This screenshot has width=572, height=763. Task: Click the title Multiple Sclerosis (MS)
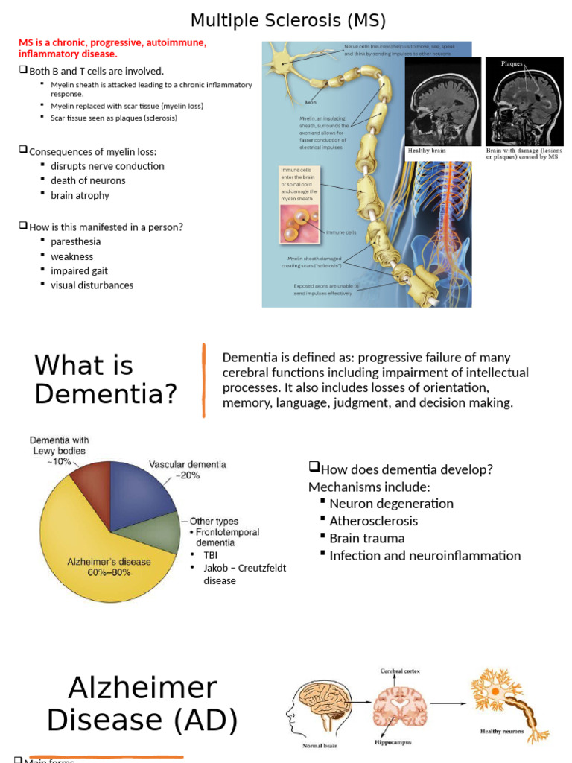(x=288, y=19)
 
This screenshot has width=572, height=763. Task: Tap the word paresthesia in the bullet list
(x=75, y=241)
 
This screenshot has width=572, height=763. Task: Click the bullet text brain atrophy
(x=80, y=195)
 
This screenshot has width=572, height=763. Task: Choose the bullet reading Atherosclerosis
(x=373, y=521)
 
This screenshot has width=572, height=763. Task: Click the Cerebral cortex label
(x=400, y=671)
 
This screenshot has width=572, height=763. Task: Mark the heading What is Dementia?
(x=106, y=379)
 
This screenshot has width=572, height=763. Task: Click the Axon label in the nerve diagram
(x=311, y=101)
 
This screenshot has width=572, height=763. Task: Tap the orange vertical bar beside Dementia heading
(x=203, y=380)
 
